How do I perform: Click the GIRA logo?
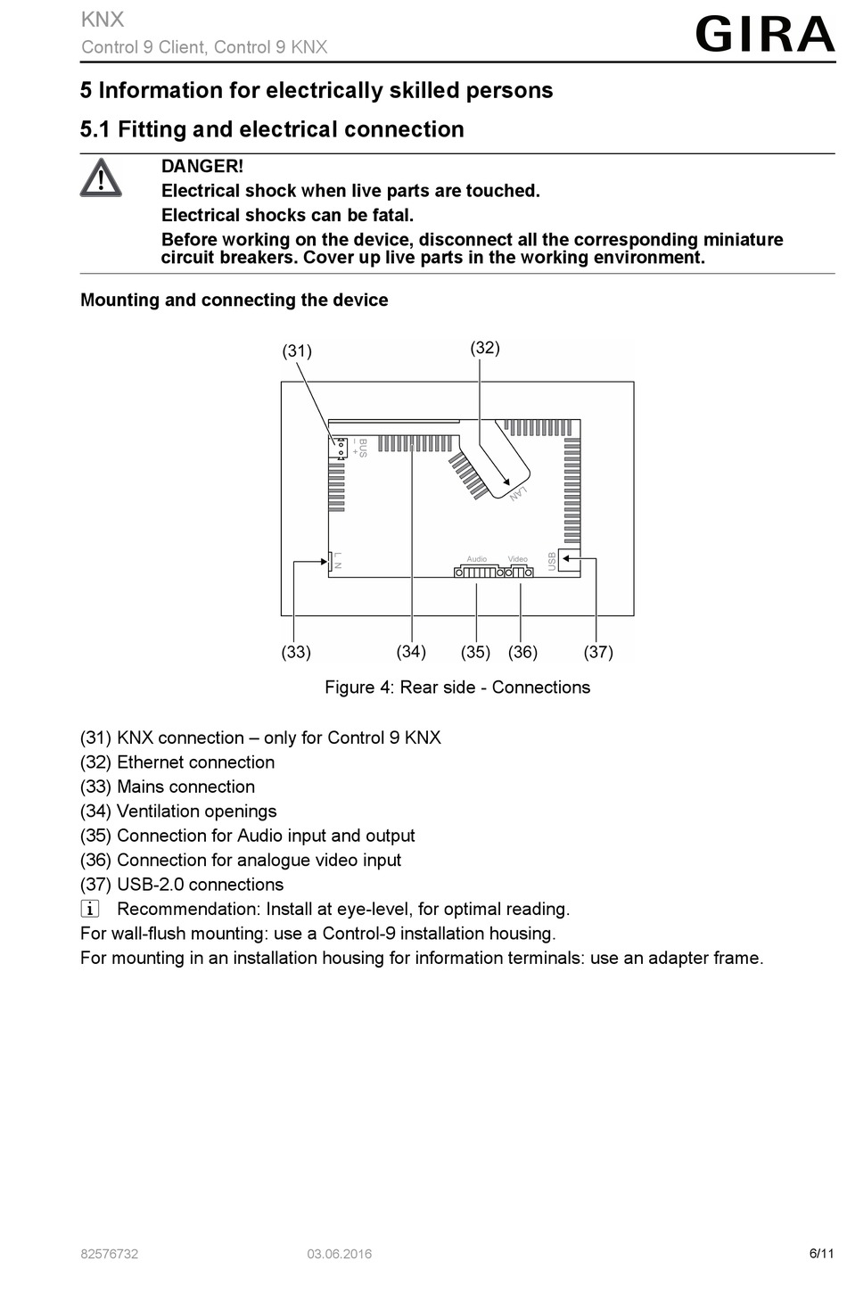(x=764, y=35)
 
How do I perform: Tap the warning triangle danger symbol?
(x=101, y=178)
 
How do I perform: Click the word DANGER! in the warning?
(x=201, y=166)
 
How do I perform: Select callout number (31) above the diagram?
(x=297, y=350)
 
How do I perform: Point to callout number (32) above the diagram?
(x=485, y=348)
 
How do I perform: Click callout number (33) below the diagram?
(x=296, y=652)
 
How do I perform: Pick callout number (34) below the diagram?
(x=411, y=651)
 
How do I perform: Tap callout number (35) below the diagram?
(x=475, y=652)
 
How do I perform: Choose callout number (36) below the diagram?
(x=522, y=652)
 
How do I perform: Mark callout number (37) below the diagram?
(x=598, y=652)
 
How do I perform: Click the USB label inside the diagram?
(x=552, y=561)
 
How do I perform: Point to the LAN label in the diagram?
(x=518, y=493)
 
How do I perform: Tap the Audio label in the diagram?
(x=477, y=559)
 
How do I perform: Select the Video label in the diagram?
(x=518, y=559)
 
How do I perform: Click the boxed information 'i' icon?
(x=90, y=909)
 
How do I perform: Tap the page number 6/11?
(x=821, y=1253)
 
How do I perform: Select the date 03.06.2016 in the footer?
(x=340, y=1254)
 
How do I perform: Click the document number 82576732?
(x=110, y=1254)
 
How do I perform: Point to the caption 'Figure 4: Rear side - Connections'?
(x=457, y=688)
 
